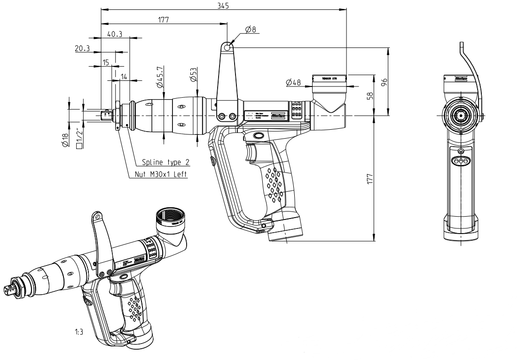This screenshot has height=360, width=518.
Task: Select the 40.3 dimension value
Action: [x=115, y=34]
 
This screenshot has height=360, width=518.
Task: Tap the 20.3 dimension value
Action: [x=82, y=48]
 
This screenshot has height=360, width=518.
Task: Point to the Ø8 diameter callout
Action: [x=251, y=30]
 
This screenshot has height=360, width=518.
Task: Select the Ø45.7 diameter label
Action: [x=160, y=78]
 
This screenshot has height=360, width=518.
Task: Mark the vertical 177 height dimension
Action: [x=369, y=178]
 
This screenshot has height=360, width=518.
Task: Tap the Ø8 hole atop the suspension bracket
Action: [x=227, y=47]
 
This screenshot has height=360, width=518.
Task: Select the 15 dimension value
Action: [x=106, y=63]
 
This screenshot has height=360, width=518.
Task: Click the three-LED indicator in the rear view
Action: [x=460, y=161]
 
